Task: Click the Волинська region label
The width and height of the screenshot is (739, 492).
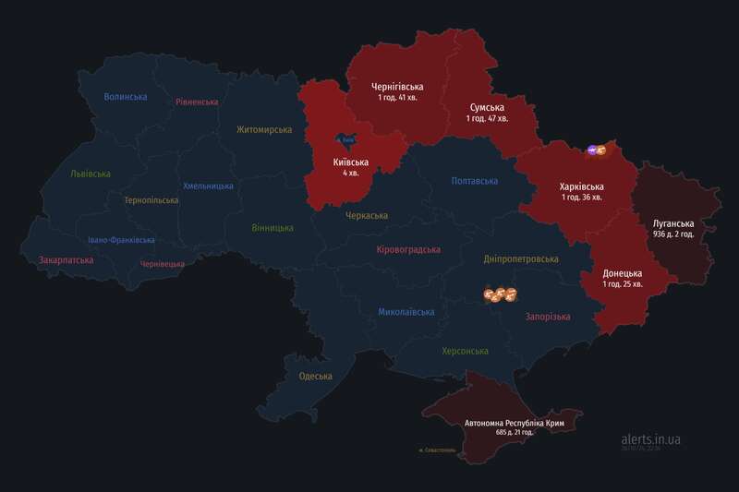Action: click(x=126, y=97)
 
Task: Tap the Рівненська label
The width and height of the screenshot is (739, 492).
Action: click(x=197, y=102)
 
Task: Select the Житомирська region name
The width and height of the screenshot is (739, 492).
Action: click(x=263, y=130)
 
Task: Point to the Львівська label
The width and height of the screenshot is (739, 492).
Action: click(x=90, y=174)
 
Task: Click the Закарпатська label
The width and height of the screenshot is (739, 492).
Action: click(x=66, y=260)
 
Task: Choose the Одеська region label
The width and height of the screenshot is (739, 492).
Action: click(x=315, y=376)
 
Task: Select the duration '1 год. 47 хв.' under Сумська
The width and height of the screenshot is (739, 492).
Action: click(x=488, y=119)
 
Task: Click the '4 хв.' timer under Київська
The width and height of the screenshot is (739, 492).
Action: click(x=351, y=173)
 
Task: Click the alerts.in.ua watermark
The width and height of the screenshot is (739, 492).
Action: click(x=651, y=439)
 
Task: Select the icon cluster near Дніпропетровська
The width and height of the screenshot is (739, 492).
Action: click(x=500, y=295)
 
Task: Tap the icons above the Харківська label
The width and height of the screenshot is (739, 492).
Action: click(x=597, y=150)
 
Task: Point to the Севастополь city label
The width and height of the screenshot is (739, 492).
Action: click(x=436, y=450)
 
